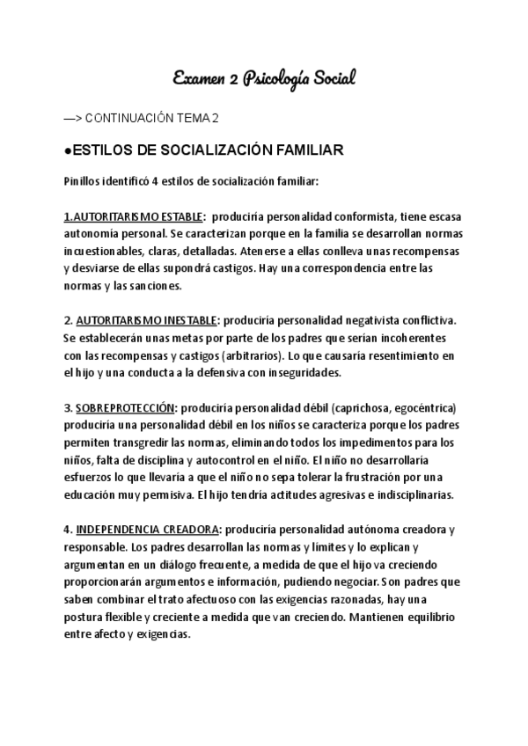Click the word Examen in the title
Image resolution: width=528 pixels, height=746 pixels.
click(x=197, y=79)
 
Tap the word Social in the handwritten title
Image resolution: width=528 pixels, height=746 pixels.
click(x=330, y=79)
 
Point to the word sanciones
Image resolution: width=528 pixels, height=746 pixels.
click(x=156, y=286)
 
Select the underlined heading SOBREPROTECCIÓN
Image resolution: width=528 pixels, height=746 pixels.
click(x=127, y=407)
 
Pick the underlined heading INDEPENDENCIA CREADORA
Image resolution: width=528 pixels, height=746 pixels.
click(x=149, y=529)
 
